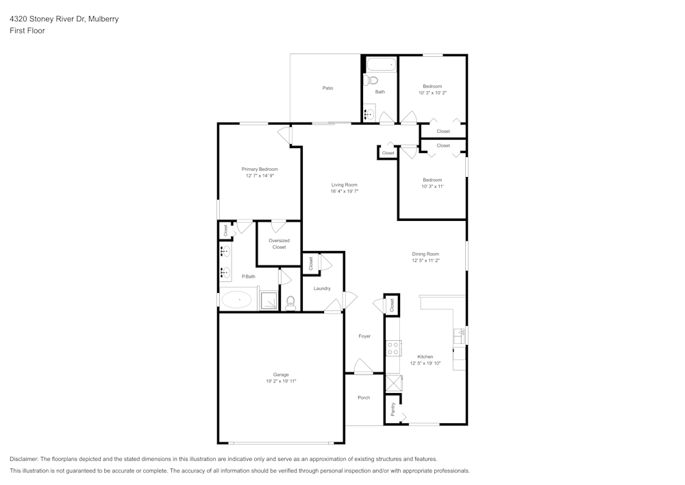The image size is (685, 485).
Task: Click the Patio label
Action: coord(328,88)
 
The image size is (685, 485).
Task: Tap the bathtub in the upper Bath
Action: coord(381,65)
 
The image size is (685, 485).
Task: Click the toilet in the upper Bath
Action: coord(372,80)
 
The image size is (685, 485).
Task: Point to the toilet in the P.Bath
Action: coord(290,302)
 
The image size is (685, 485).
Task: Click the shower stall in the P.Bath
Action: coord(269,300)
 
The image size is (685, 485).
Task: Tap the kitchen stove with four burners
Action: coord(393,348)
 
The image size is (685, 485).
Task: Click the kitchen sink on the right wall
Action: coord(460,336)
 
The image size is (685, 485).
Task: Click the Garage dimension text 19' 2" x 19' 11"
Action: coord(281,381)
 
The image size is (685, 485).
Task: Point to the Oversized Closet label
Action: coord(279,244)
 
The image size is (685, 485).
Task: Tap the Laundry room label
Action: coord(322,289)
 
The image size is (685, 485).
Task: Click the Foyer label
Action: coord(364,336)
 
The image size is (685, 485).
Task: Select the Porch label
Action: coord(364,398)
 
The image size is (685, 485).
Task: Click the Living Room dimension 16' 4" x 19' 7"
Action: coord(345,191)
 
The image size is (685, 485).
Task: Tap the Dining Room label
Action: coord(425,254)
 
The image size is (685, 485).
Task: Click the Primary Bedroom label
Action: coord(260,169)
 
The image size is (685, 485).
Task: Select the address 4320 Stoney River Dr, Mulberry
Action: coord(64,19)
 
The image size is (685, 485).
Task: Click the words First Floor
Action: coord(27,31)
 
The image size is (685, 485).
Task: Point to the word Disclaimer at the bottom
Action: coord(24,459)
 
